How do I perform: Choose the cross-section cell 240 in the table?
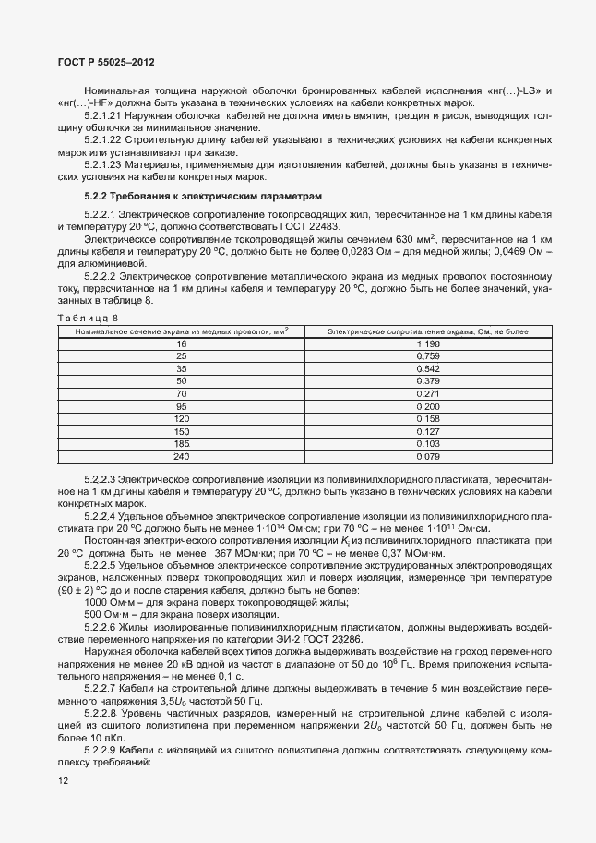[x=181, y=456]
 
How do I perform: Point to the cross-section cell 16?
[x=181, y=343]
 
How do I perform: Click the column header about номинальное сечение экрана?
[x=181, y=330]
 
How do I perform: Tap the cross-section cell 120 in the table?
[x=181, y=418]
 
